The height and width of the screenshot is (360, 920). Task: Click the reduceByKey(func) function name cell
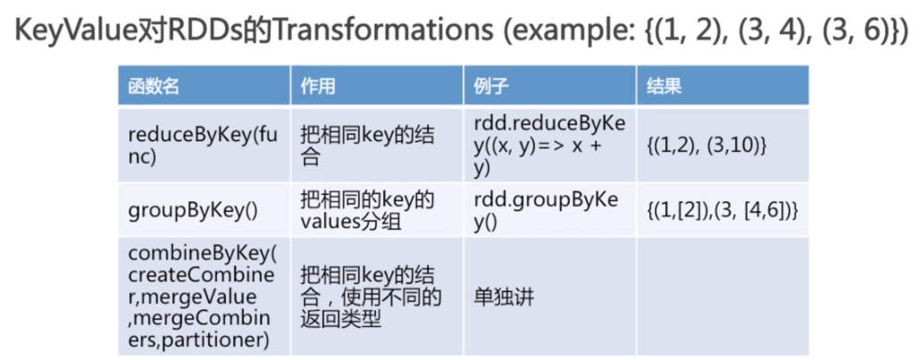click(x=203, y=146)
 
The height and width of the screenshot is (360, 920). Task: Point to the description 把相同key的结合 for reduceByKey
click(x=366, y=146)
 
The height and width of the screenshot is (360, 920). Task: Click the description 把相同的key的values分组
click(x=367, y=211)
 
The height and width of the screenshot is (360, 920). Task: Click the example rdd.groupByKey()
click(x=547, y=210)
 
